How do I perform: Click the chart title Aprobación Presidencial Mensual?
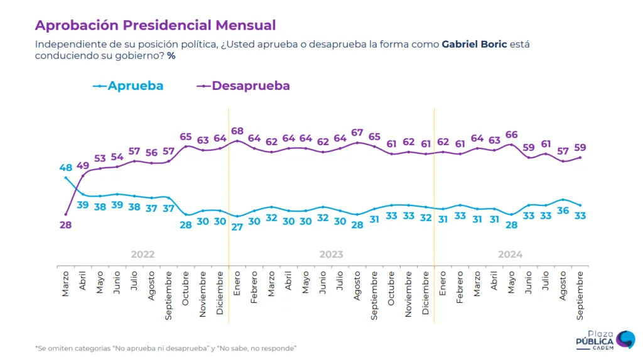(155, 26)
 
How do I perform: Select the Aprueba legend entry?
(128, 85)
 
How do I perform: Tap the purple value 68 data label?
(237, 131)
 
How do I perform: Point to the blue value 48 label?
(65, 168)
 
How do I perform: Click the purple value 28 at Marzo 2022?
(65, 224)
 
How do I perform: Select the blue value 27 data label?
(237, 227)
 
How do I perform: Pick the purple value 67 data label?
(357, 132)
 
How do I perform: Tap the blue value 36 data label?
(563, 211)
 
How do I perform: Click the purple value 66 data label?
(511, 134)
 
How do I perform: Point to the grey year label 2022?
(143, 254)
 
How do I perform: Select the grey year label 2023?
(331, 254)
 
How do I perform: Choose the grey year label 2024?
(510, 254)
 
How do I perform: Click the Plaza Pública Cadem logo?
(605, 341)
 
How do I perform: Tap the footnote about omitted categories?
(165, 348)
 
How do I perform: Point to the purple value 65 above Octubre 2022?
(186, 136)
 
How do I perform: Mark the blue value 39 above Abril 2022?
(82, 205)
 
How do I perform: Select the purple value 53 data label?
(100, 158)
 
